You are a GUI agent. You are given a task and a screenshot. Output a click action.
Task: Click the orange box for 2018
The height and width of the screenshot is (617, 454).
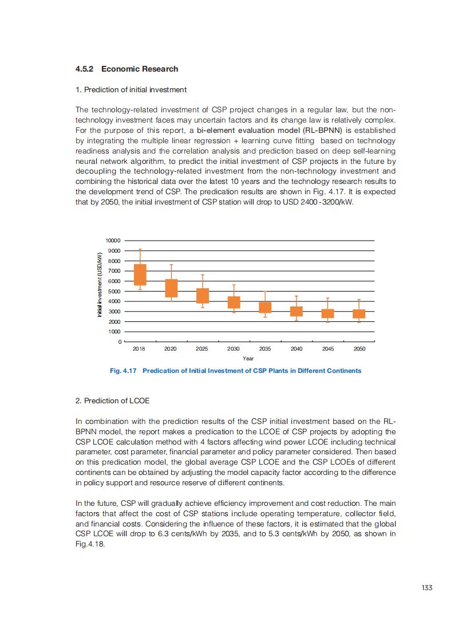click(140, 274)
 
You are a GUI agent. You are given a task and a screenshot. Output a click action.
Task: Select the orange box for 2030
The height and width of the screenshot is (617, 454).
click(234, 302)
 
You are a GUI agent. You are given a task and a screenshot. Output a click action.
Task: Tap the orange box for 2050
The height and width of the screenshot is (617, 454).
click(359, 313)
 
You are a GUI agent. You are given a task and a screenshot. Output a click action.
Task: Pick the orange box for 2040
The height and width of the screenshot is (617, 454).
click(296, 311)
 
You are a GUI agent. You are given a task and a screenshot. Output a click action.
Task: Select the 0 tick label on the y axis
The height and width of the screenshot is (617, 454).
click(120, 342)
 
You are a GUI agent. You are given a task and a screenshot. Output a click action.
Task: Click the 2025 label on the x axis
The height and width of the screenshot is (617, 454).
click(202, 348)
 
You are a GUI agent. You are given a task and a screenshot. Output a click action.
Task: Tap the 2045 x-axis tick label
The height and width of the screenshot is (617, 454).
click(327, 348)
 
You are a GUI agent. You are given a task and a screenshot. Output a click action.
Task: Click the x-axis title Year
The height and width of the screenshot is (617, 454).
click(248, 358)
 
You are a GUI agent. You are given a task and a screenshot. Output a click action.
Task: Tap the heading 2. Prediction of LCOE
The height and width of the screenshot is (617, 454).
click(112, 400)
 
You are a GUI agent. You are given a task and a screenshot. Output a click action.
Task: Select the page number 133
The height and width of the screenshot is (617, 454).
click(426, 587)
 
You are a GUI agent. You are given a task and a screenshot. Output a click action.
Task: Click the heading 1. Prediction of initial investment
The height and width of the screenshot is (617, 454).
click(131, 89)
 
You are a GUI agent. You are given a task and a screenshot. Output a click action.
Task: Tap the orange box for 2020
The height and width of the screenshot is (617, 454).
click(171, 288)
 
